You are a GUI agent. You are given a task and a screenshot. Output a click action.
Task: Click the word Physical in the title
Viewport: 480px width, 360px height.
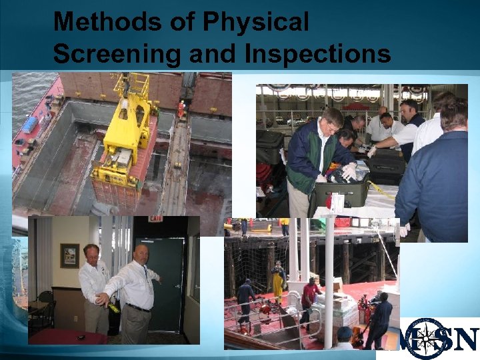pos(256,23)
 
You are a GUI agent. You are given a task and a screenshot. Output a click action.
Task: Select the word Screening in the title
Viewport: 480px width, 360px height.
pos(117,54)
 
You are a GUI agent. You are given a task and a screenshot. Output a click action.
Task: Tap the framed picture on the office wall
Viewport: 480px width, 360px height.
pos(69,255)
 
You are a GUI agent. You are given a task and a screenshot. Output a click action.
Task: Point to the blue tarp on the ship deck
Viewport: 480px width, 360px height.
pos(31,125)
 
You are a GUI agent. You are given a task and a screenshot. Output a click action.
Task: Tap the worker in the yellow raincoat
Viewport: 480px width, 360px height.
pos(278,280)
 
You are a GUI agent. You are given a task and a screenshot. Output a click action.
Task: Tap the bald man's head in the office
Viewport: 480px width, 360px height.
pos(141,253)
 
